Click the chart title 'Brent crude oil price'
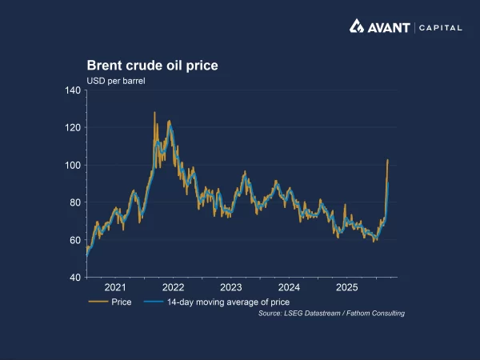152,65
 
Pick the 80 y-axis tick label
74,202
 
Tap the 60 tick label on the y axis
74,240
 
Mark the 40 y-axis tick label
74,278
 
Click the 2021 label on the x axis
115,287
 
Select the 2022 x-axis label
173,287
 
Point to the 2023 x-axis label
231,287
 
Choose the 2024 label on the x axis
289,287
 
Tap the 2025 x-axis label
346,287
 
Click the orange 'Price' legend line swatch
98,302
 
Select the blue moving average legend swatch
154,302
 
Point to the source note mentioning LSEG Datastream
331,313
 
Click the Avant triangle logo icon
357,26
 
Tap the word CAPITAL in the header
440,27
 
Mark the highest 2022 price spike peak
154,113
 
